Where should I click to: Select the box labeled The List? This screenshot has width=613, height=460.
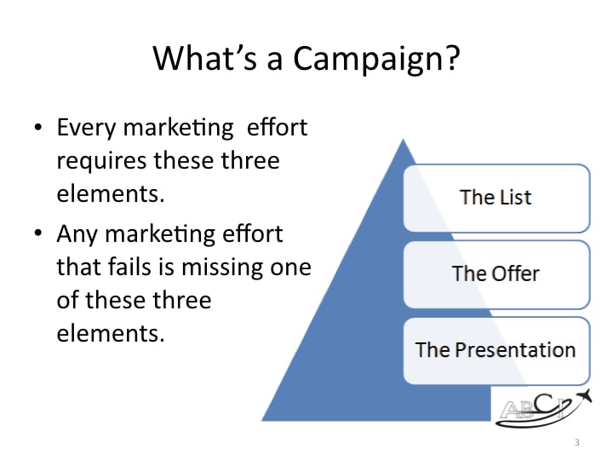pyautogui.click(x=496, y=198)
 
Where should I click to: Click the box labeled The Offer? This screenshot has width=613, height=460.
pyautogui.click(x=496, y=273)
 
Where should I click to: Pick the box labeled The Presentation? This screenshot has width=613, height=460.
pyautogui.click(x=496, y=349)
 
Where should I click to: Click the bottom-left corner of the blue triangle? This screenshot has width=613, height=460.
pyautogui.click(x=263, y=420)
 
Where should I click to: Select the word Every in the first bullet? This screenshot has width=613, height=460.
pyautogui.click(x=84, y=129)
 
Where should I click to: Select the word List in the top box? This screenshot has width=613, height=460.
pyautogui.click(x=513, y=198)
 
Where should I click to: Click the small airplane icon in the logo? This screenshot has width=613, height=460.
pyautogui.click(x=581, y=395)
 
